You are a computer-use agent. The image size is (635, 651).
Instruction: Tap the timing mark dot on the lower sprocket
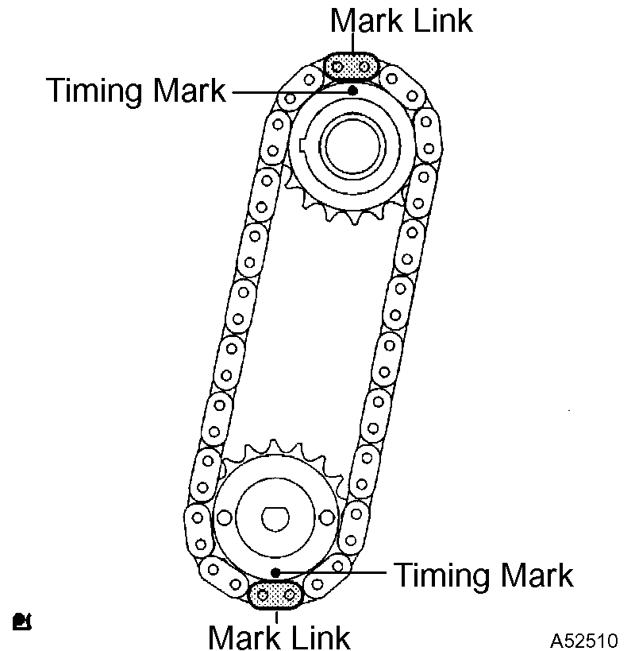coord(275,572)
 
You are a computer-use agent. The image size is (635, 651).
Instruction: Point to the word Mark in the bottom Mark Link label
coord(243,636)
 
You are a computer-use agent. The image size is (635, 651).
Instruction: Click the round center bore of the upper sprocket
coord(351,145)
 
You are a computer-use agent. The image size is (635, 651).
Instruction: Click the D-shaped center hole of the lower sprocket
coord(274,517)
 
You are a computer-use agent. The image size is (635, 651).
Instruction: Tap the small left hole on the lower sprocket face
coord(225,517)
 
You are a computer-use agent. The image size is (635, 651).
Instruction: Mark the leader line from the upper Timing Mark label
coord(290,91)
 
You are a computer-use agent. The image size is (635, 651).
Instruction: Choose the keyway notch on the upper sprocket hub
coord(306,147)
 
